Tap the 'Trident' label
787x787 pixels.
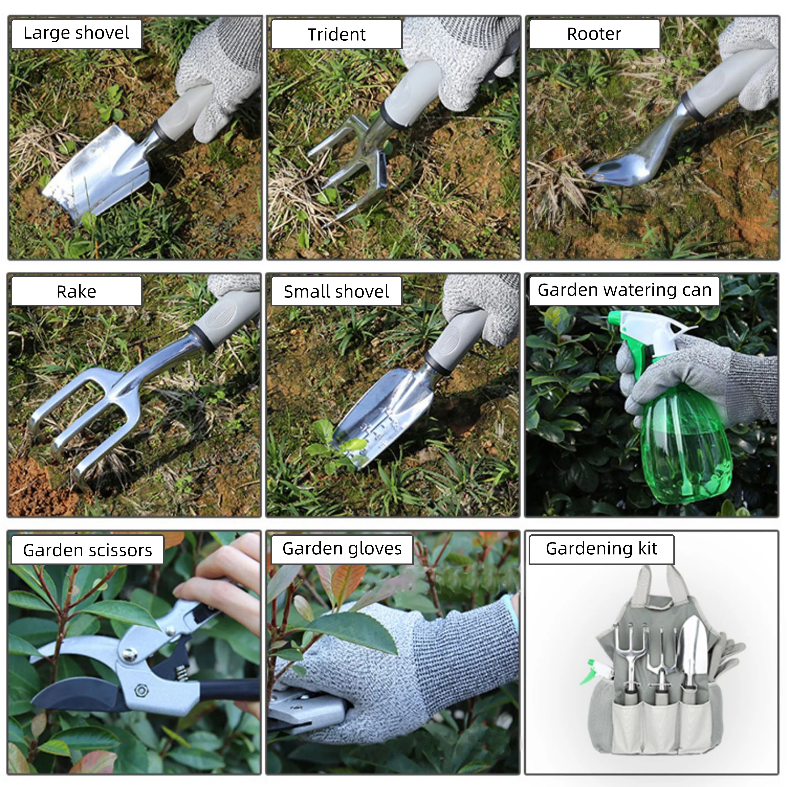point(337,34)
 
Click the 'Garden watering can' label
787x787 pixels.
point(624,290)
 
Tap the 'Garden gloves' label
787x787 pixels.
point(342,549)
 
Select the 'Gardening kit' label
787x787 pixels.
point(601,549)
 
